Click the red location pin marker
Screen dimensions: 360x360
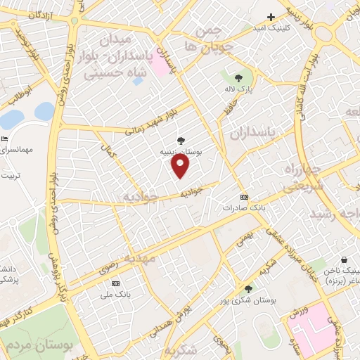coord(181,166)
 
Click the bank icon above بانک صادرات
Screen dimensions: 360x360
coord(244,197)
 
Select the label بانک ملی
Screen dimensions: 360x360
coord(115,294)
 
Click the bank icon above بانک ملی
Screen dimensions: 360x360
coord(115,283)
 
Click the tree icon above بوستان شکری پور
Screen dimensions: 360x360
coord(247,289)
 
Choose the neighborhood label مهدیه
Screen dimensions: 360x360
coord(140,260)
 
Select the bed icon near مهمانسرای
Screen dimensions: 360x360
coord(4,139)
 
